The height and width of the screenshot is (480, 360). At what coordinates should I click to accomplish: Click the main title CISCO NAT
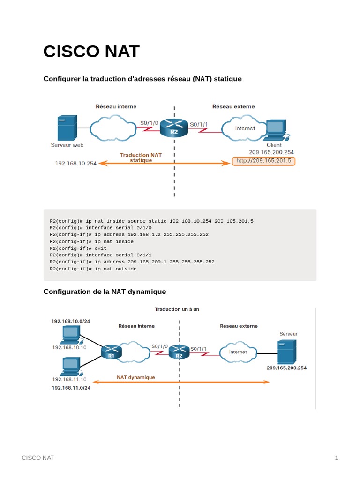tap(91, 52)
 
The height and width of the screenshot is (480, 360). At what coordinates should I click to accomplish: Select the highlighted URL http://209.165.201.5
tap(264, 161)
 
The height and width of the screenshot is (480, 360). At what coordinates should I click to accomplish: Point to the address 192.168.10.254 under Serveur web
tap(76, 163)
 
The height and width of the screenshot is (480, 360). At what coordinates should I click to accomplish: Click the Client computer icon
tap(277, 130)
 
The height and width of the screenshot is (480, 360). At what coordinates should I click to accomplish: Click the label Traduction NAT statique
tap(141, 157)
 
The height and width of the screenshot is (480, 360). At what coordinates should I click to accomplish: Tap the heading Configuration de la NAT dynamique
tap(105, 292)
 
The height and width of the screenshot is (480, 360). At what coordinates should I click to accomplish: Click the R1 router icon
tap(111, 351)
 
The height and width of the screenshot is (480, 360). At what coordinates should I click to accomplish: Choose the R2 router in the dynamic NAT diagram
tap(179, 351)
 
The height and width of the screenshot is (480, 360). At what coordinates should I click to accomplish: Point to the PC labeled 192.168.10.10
tap(70, 335)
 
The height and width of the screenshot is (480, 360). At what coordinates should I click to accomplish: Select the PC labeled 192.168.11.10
tap(70, 366)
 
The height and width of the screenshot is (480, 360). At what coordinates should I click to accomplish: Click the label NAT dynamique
tap(135, 377)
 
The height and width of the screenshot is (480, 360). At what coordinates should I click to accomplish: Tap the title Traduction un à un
tap(177, 309)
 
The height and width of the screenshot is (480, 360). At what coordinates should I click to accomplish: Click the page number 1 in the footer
tap(336, 458)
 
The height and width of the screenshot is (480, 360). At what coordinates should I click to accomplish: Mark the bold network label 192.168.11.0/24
tap(71, 388)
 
